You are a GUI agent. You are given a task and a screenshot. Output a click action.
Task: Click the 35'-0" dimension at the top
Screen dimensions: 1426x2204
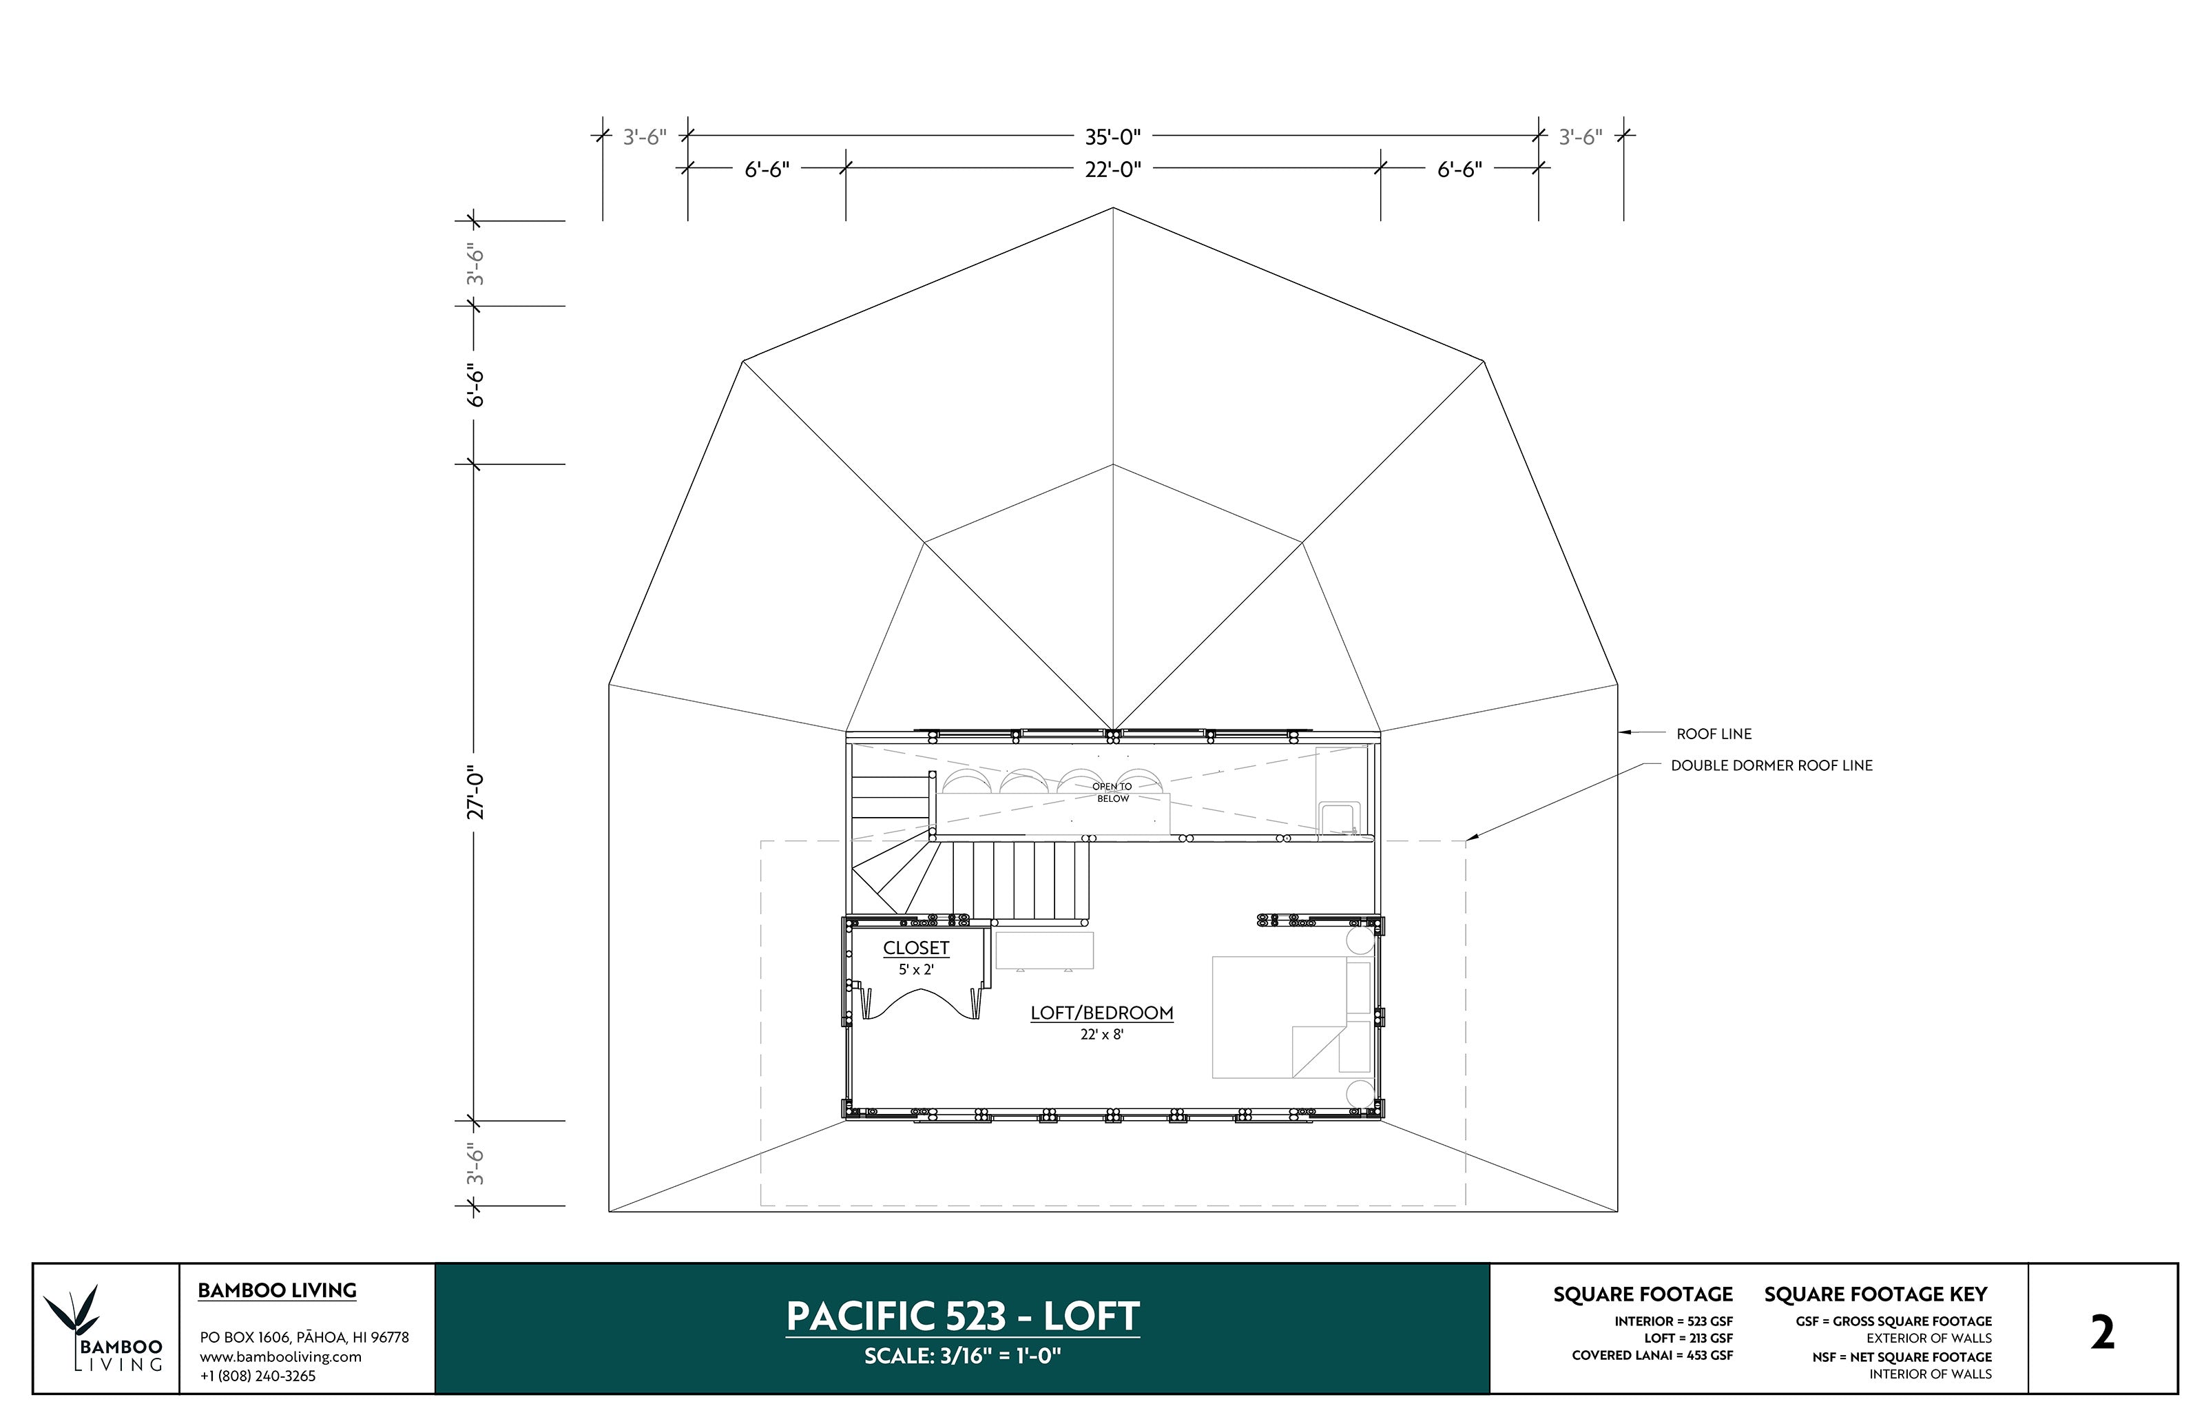1112,137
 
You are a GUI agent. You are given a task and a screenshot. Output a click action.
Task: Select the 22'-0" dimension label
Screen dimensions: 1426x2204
1112,169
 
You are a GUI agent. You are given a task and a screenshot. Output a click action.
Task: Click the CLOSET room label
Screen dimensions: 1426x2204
915,947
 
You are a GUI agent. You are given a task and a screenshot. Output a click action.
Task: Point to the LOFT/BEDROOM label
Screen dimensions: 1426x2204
1101,1013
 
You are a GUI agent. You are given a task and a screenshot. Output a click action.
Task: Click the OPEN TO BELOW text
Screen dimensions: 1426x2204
1112,792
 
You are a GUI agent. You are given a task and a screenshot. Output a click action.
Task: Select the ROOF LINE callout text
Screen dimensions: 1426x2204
1714,734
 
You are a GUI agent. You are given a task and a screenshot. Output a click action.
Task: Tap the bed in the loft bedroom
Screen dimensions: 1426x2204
1278,1017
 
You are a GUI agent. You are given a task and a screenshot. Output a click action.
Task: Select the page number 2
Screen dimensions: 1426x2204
2102,1334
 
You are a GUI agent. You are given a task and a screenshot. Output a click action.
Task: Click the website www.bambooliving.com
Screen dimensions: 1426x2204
280,1356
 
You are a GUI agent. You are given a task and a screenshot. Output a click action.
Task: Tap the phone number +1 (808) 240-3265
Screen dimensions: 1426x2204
258,1376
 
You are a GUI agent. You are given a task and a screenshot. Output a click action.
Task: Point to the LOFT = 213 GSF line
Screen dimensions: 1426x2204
1687,1338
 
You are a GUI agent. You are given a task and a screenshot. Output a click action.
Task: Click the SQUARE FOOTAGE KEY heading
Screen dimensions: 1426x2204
1875,1294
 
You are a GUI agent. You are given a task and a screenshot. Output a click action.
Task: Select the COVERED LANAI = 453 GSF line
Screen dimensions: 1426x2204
1652,1356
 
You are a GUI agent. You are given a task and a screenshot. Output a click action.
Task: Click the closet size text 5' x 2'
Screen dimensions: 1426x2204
915,969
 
